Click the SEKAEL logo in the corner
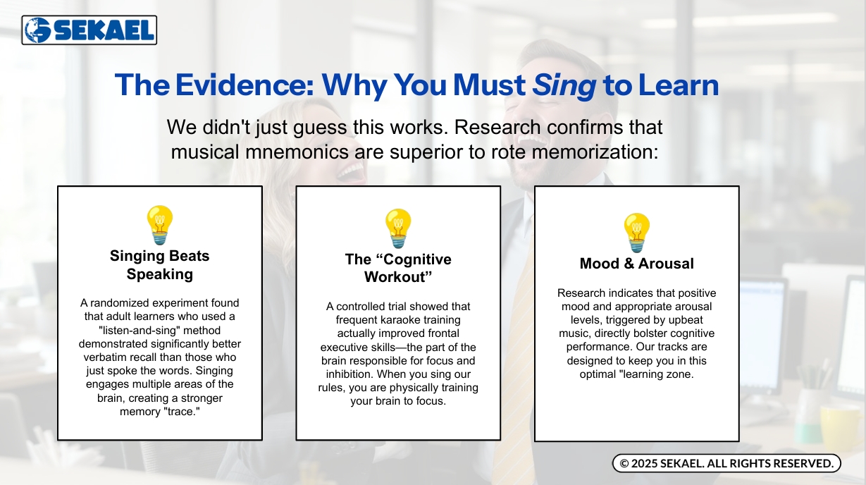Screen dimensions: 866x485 pyautogui.click(x=89, y=30)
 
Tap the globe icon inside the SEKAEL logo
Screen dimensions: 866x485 pyautogui.click(x=37, y=30)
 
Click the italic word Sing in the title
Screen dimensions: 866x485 pyautogui.click(x=564, y=86)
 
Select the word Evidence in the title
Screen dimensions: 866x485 pyautogui.click(x=245, y=85)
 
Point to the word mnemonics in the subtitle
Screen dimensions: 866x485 pyautogui.click(x=297, y=152)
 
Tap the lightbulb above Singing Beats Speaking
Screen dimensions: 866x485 pyautogui.click(x=160, y=225)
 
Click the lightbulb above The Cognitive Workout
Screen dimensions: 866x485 pyautogui.click(x=398, y=228)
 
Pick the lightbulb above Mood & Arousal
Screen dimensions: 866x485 pyautogui.click(x=637, y=233)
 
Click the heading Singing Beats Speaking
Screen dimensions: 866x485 pyautogui.click(x=160, y=265)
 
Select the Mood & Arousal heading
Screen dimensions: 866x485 pyautogui.click(x=637, y=264)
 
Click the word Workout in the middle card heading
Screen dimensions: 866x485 pyautogui.click(x=398, y=277)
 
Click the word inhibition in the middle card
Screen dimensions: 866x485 pyautogui.click(x=350, y=374)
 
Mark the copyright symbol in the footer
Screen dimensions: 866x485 pyautogui.click(x=624, y=463)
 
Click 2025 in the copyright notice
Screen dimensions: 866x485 pyautogui.click(x=644, y=463)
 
